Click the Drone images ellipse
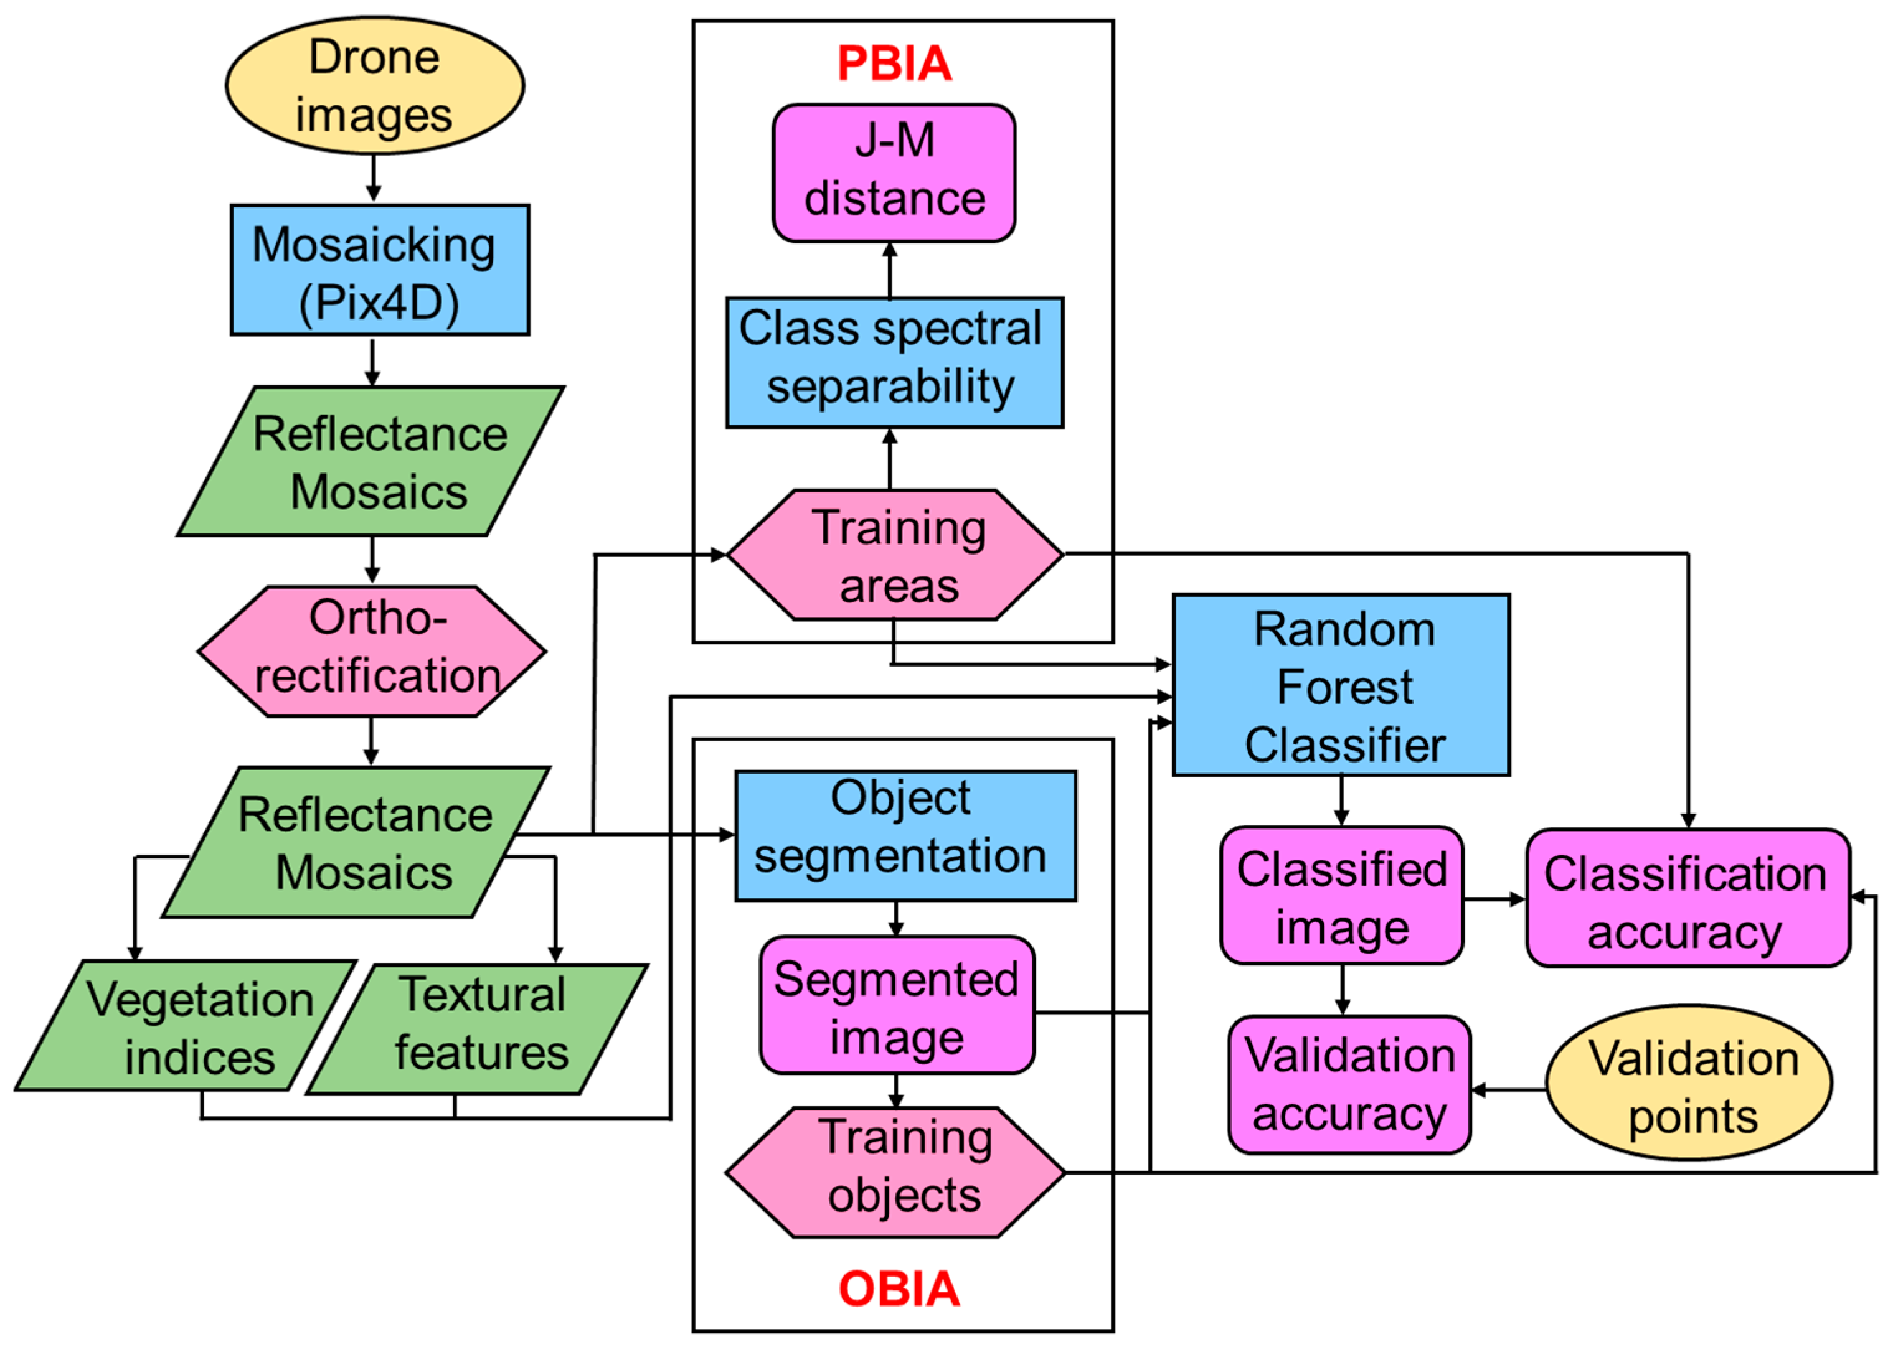pos(374,85)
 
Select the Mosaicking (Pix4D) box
pos(379,270)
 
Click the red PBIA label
pos(894,64)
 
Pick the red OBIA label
pos(899,1289)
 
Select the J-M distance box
pos(894,172)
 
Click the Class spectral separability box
pos(894,362)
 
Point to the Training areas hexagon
pos(894,554)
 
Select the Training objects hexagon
pos(894,1172)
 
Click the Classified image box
pos(1341,895)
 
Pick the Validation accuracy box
pos(1349,1084)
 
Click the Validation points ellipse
pos(1688,1082)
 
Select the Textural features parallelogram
pos(477,1028)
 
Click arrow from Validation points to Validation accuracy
pos(1508,1089)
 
